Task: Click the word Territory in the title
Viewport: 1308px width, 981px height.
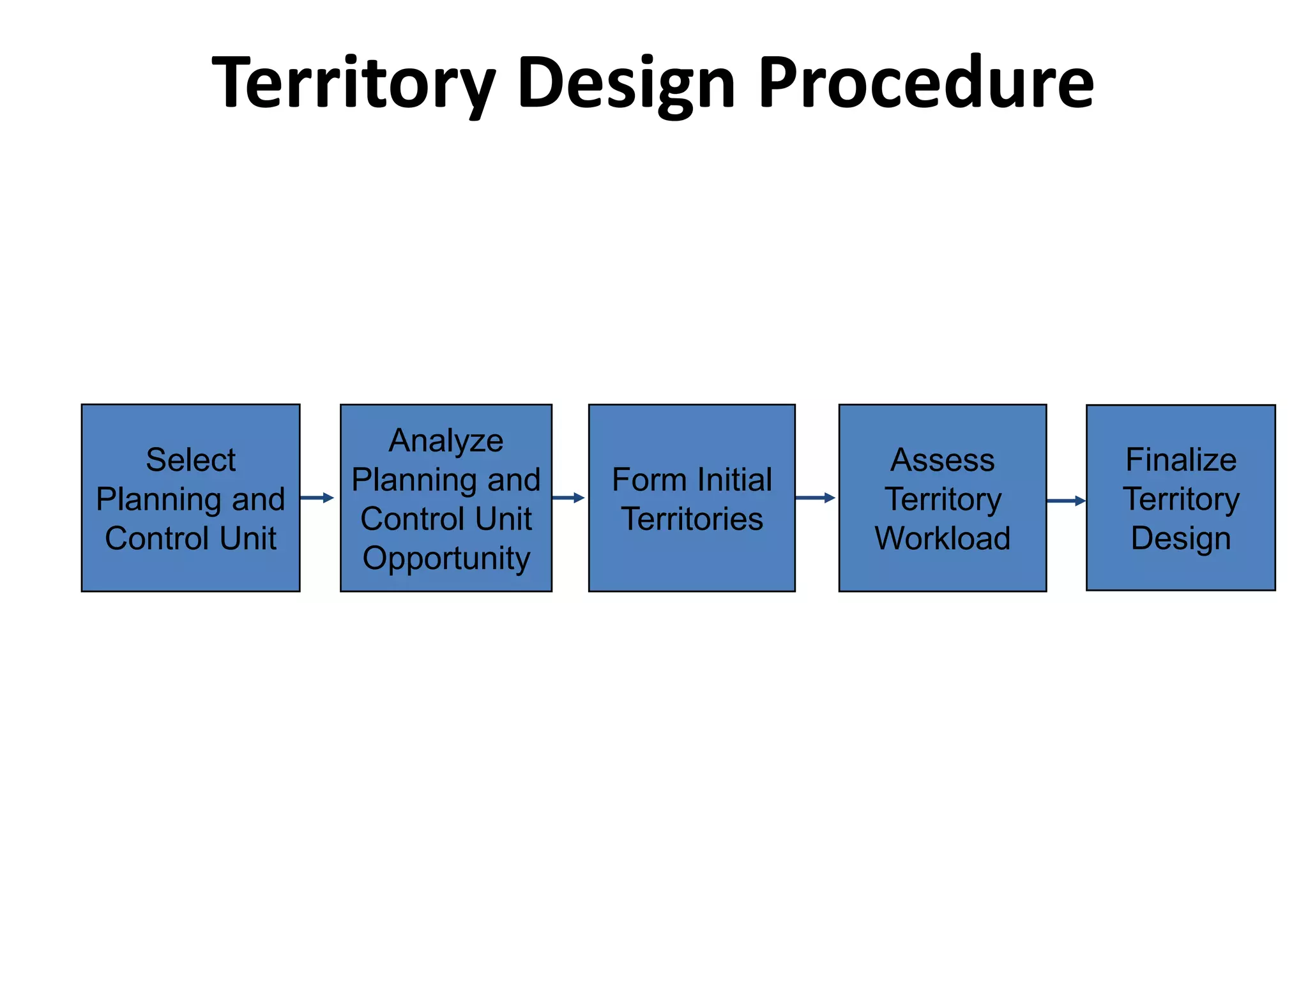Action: pos(353,83)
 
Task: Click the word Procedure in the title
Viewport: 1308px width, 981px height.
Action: pos(926,83)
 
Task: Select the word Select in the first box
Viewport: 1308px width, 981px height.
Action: pos(190,460)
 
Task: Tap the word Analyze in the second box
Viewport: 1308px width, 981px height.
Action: pos(446,441)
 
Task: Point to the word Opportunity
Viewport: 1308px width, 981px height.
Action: pos(446,558)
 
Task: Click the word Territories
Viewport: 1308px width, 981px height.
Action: pos(692,519)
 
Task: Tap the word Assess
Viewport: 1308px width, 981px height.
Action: pos(942,460)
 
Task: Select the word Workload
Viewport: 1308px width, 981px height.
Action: pos(942,538)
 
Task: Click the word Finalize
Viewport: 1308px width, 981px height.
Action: pos(1180,460)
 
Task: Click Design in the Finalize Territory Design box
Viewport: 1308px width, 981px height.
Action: pos(1180,538)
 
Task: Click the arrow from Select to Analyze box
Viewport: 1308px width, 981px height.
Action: pos(317,498)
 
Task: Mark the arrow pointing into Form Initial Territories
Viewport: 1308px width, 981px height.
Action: pos(568,498)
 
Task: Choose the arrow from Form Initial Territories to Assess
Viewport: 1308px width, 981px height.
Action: pos(816,498)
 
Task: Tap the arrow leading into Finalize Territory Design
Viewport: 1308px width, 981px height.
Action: pos(1066,501)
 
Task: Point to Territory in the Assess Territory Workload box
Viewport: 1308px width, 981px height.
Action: pos(942,499)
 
